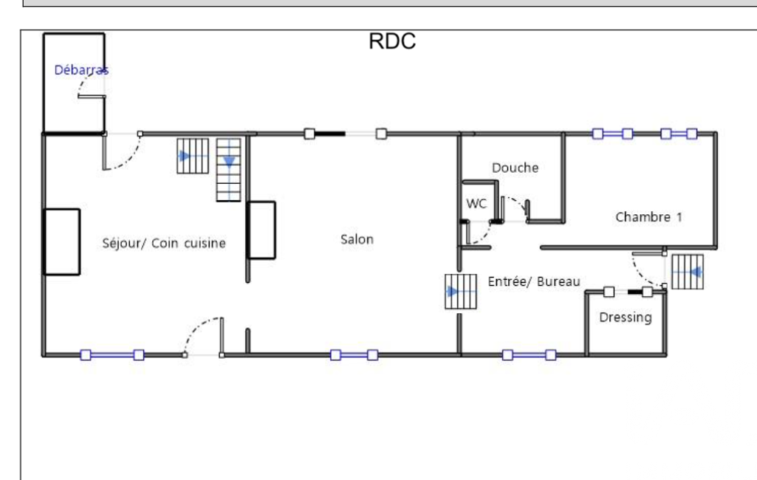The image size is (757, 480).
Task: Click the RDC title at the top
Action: coord(392,42)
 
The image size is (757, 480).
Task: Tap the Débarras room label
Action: coord(81,70)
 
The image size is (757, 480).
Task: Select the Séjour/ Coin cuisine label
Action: coord(163,243)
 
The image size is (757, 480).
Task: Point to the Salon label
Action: coord(357,239)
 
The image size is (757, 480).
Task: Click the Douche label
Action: coord(515,168)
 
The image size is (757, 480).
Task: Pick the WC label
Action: coord(476,204)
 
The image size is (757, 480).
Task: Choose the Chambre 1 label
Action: coord(649,217)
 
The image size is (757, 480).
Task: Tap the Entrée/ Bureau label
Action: coord(534,281)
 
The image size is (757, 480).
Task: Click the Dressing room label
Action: coord(626,318)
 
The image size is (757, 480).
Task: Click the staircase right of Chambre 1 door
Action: coord(687,272)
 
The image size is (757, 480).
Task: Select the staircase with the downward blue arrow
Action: coord(230,170)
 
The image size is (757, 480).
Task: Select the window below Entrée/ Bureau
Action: coord(529,355)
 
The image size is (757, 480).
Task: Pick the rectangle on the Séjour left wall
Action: coord(61,241)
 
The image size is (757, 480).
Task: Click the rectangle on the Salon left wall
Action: coord(261,230)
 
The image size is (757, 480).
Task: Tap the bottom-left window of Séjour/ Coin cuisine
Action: coord(112,355)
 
